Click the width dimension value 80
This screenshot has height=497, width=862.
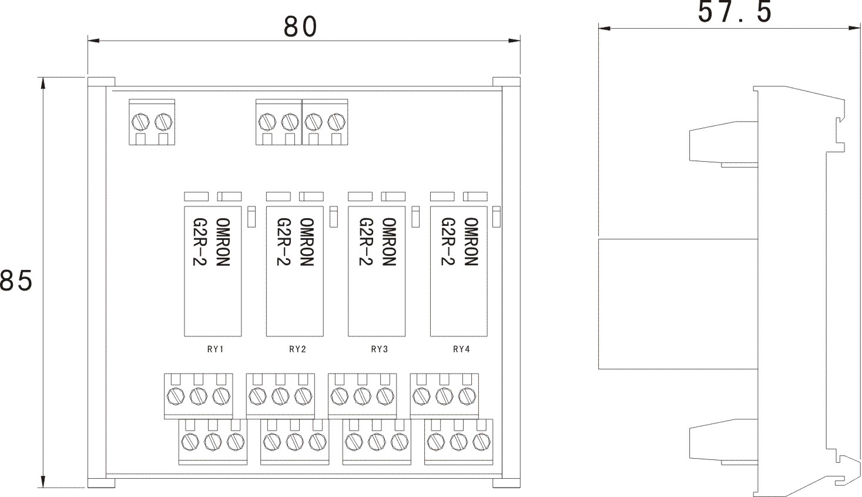click(300, 26)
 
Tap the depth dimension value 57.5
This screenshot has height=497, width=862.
click(734, 12)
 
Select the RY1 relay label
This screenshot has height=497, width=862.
click(216, 349)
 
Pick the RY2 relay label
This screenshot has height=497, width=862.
click(298, 349)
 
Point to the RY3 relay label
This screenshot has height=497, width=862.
click(380, 349)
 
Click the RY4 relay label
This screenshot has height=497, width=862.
click(461, 349)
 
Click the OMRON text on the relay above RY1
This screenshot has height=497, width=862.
click(223, 242)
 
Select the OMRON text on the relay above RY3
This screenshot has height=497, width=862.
click(388, 242)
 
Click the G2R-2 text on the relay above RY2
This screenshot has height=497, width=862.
click(283, 242)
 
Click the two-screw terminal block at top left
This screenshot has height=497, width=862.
click(152, 122)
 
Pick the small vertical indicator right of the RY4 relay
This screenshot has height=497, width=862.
click(497, 216)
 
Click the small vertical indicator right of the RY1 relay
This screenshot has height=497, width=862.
click(251, 216)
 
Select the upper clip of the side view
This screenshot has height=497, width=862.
click(722, 142)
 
